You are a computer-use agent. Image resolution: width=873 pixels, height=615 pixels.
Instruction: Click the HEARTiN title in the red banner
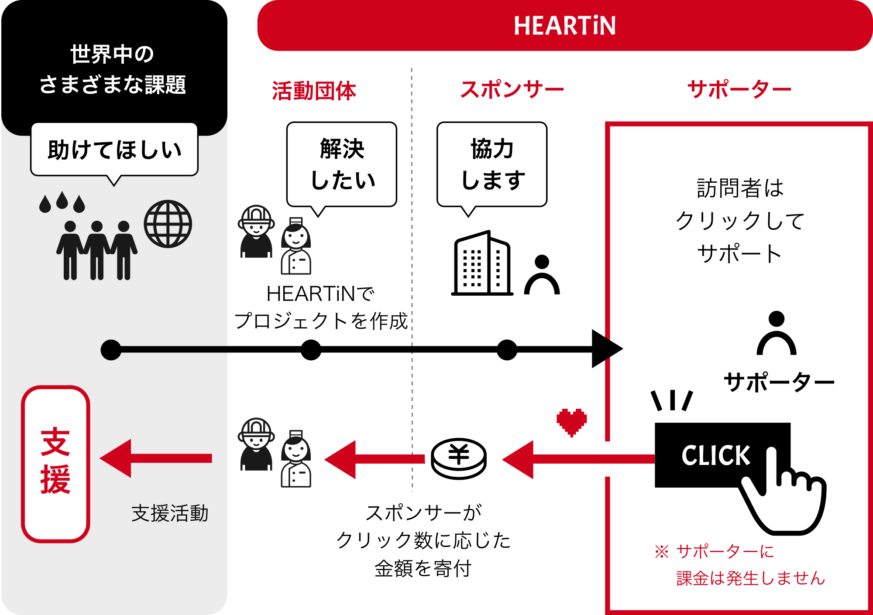point(564,26)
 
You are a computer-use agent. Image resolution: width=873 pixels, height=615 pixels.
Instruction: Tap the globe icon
point(168,224)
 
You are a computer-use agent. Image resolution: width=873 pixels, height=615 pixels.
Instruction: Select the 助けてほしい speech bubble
point(114,150)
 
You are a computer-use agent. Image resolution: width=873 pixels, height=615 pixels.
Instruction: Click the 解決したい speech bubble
point(342,164)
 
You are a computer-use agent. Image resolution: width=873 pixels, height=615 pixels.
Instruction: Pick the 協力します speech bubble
point(492,164)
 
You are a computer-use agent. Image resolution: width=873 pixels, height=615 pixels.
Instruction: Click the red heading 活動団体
point(314,91)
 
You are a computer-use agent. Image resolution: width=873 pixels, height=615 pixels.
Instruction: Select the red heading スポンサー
point(512,90)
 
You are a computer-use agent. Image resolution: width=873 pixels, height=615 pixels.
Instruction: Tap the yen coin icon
point(459,459)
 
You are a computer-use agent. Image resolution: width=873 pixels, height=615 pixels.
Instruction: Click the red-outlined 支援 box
point(55,464)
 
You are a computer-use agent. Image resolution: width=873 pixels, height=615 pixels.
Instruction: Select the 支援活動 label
point(170,513)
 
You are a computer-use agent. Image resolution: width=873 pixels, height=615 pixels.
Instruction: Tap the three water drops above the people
point(62,202)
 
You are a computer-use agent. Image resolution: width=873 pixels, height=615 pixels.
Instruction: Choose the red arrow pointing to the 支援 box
point(155,458)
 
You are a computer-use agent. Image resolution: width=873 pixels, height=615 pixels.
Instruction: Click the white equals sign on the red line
point(607,459)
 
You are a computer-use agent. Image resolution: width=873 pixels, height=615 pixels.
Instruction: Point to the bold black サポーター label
point(779,382)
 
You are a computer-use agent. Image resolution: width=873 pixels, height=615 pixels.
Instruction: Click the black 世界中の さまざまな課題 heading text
point(113,69)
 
